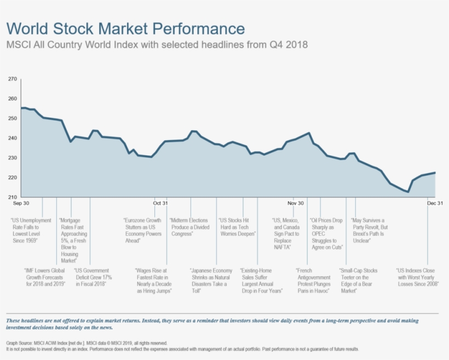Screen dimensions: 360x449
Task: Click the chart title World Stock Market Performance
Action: (125, 28)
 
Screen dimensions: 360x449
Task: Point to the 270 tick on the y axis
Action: (12, 79)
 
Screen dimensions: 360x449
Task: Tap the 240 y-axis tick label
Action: (12, 138)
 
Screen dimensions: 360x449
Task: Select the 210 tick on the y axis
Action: (12, 197)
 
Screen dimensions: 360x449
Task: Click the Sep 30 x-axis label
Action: (21, 203)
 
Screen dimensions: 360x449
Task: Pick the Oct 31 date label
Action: (160, 203)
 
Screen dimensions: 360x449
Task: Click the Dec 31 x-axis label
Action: (435, 203)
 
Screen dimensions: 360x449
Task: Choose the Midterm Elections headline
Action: (189, 227)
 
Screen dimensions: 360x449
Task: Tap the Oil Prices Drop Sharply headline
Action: (326, 234)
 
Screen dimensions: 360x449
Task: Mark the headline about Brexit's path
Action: (370, 230)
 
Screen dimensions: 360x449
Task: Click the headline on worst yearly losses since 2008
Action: (417, 277)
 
